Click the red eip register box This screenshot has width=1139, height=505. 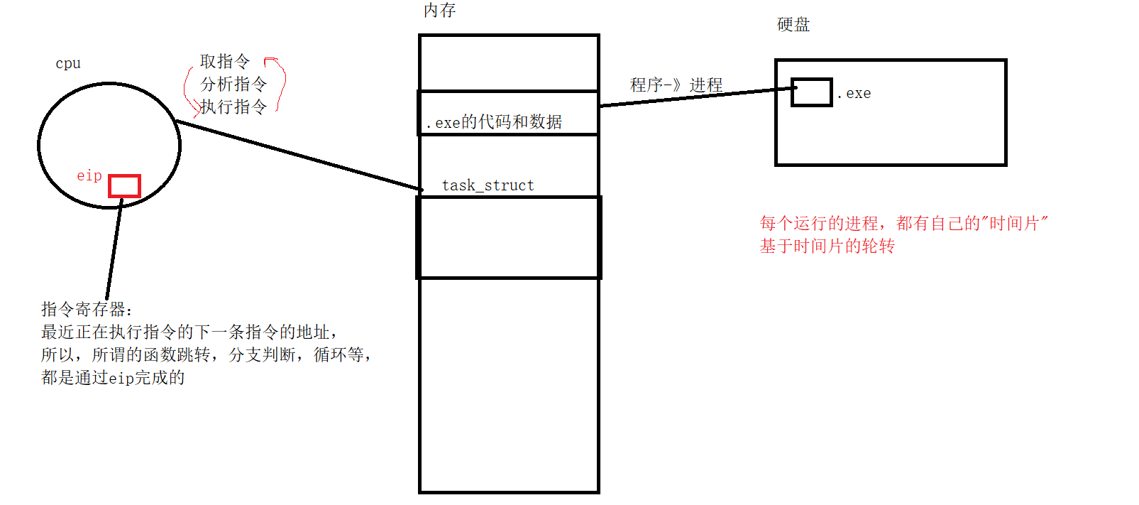124,186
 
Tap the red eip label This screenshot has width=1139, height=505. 89,175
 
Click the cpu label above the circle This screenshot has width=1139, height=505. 68,63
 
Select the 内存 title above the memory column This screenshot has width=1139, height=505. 439,11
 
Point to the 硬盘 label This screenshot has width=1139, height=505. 793,25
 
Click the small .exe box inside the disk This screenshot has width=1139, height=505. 811,92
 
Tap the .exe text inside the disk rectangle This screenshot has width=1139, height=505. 854,93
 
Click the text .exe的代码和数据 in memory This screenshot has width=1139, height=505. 494,122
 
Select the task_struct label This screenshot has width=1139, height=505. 488,185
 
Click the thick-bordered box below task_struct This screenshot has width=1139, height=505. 509,237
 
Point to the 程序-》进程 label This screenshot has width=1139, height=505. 676,85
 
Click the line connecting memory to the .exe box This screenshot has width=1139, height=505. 695,97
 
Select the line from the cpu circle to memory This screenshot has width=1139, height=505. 298,155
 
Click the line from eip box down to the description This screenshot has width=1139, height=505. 114,249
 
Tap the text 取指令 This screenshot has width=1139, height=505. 225,61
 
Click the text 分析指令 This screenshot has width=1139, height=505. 233,84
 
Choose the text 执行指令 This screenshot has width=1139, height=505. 233,107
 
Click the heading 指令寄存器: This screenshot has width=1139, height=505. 87,309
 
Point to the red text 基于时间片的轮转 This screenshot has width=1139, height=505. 827,246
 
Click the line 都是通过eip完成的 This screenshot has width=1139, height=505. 113,377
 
